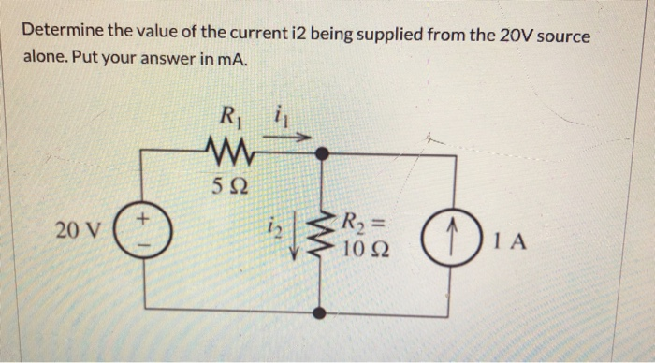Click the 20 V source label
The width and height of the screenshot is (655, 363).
point(80,230)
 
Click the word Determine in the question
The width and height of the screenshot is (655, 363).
point(63,34)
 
